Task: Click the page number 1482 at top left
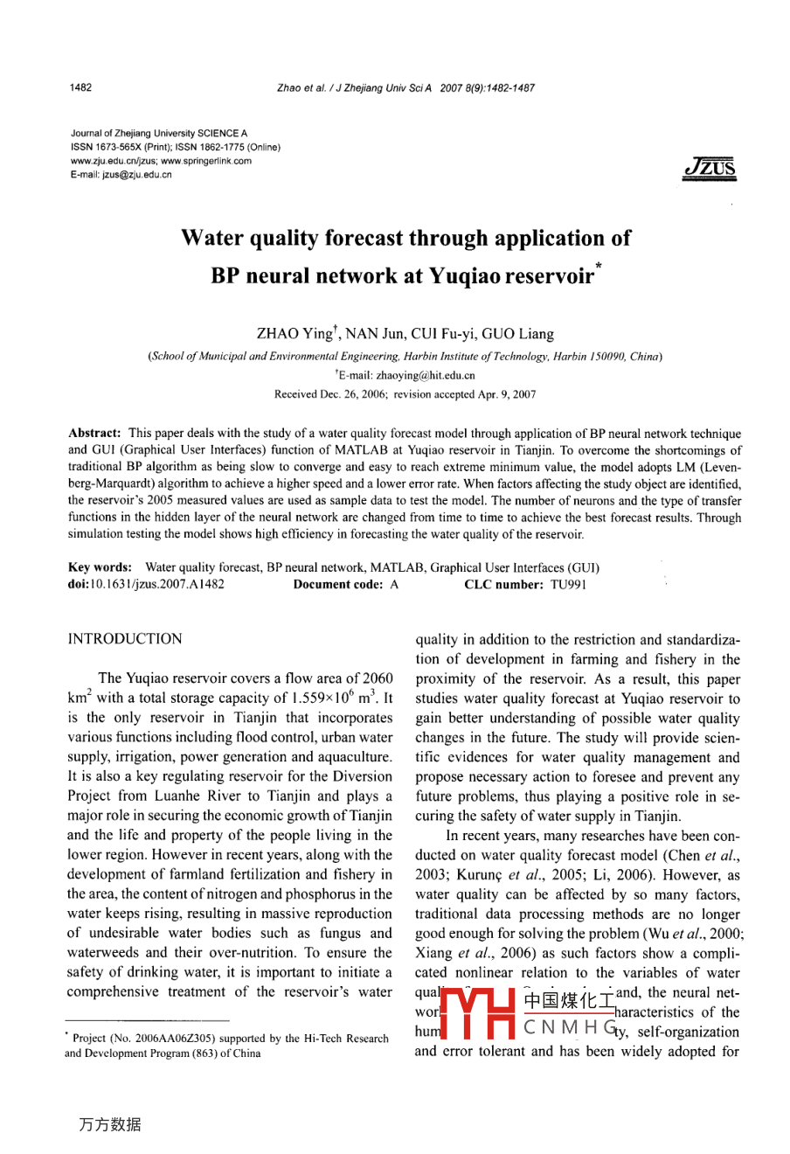tap(80, 87)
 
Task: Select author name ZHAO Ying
tap(295, 334)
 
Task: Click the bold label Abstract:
tap(94, 434)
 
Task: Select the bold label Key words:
tap(100, 568)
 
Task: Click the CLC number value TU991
tap(568, 585)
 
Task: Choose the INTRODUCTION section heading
tap(125, 639)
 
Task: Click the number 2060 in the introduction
tap(378, 678)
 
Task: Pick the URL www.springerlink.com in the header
tap(206, 161)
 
